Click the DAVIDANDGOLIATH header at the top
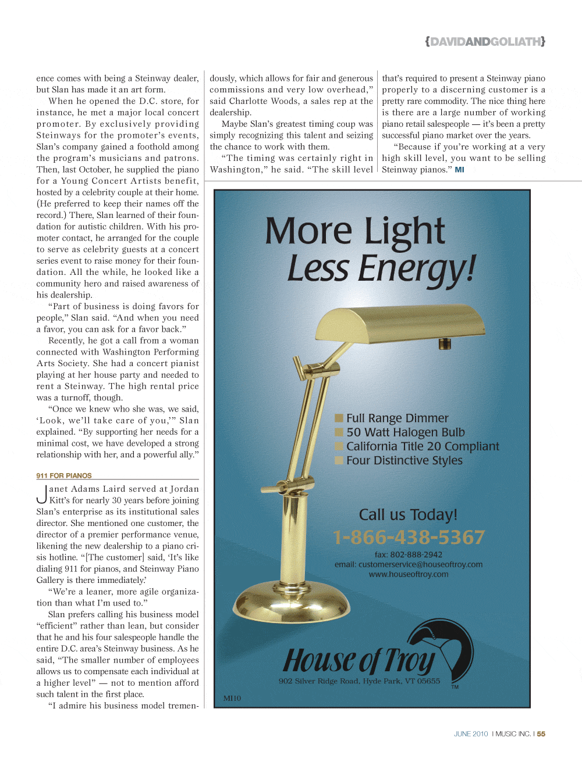485,42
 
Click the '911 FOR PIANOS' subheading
64,475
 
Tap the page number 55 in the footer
541,734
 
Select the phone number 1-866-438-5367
409,537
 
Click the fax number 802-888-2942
416,554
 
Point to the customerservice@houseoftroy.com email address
420,564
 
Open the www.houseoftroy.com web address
409,574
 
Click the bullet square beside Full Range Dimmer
339,418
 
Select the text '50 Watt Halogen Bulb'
405,432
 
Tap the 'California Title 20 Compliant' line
423,446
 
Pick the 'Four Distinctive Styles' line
404,460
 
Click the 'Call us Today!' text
408,515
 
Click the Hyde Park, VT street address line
359,681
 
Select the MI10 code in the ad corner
232,698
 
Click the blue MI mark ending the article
459,170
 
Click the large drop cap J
41,495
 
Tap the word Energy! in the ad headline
417,270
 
